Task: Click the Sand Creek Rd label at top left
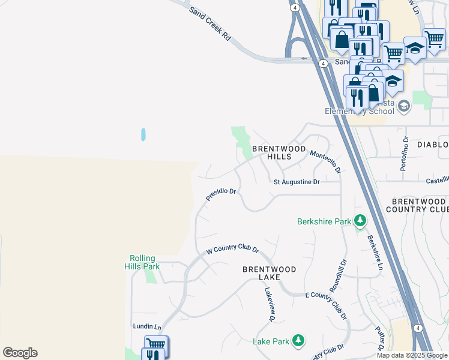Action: click(x=210, y=25)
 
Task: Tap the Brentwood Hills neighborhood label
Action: click(x=280, y=152)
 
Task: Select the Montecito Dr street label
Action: click(x=325, y=162)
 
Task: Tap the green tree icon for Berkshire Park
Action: click(x=360, y=221)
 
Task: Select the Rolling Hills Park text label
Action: click(x=142, y=262)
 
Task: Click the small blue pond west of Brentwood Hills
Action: click(x=143, y=134)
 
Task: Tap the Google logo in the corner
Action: click(x=20, y=353)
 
